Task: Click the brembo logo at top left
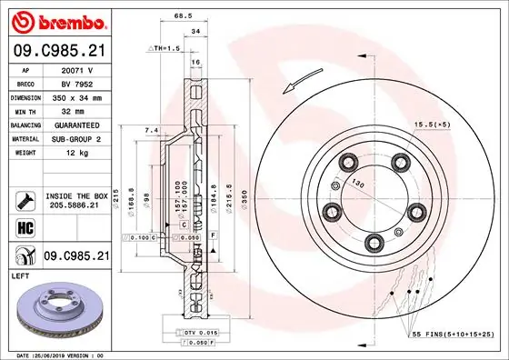pos(55,19)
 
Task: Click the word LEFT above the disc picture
pos(19,274)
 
